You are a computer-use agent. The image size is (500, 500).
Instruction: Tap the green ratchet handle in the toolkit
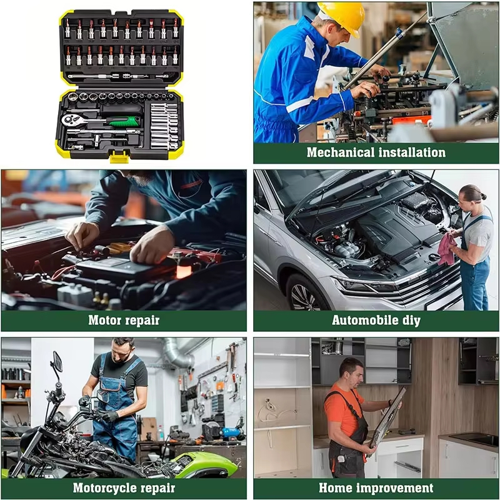(124, 121)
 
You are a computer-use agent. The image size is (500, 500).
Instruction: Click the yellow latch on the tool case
(119, 156)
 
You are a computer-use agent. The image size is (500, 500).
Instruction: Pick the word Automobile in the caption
(361, 320)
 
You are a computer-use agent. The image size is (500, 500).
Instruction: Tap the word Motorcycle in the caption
(104, 488)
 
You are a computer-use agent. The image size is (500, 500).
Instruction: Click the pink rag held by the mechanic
(447, 249)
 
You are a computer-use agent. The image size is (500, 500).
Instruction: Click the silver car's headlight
(361, 285)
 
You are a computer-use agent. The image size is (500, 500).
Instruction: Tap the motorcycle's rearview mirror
(57, 362)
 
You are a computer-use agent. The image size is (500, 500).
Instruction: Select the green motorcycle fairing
(204, 463)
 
